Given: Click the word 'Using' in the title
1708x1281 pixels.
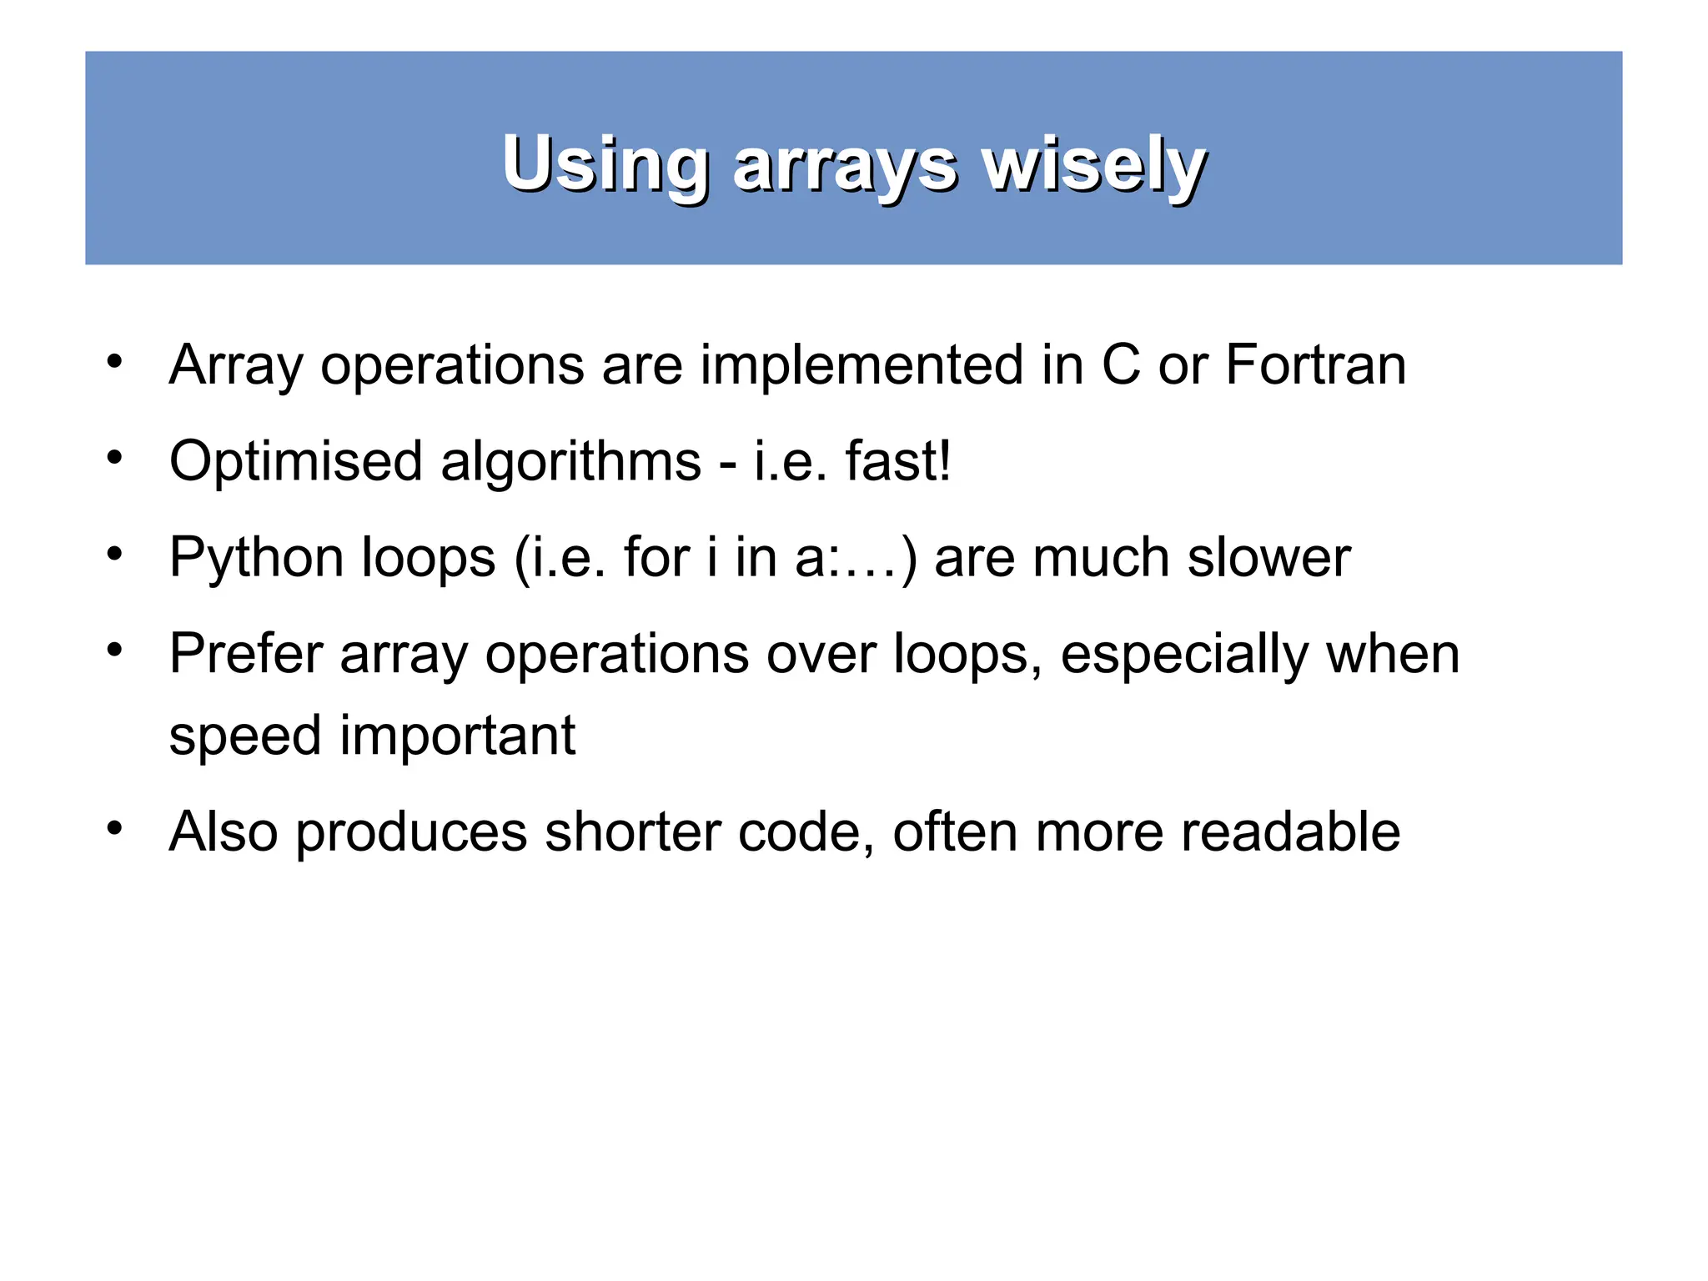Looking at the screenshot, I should [x=605, y=164].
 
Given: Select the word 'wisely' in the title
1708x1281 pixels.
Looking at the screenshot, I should [x=1093, y=164].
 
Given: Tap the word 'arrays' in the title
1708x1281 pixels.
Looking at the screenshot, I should [x=845, y=166].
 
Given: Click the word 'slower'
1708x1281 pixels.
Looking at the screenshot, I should [x=1268, y=558].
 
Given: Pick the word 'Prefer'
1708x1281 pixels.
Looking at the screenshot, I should [x=245, y=654].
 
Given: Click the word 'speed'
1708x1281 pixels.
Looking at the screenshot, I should [x=245, y=737].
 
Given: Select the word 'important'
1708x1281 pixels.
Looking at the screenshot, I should [x=457, y=736].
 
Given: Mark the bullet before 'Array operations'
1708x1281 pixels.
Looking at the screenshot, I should [x=115, y=362].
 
